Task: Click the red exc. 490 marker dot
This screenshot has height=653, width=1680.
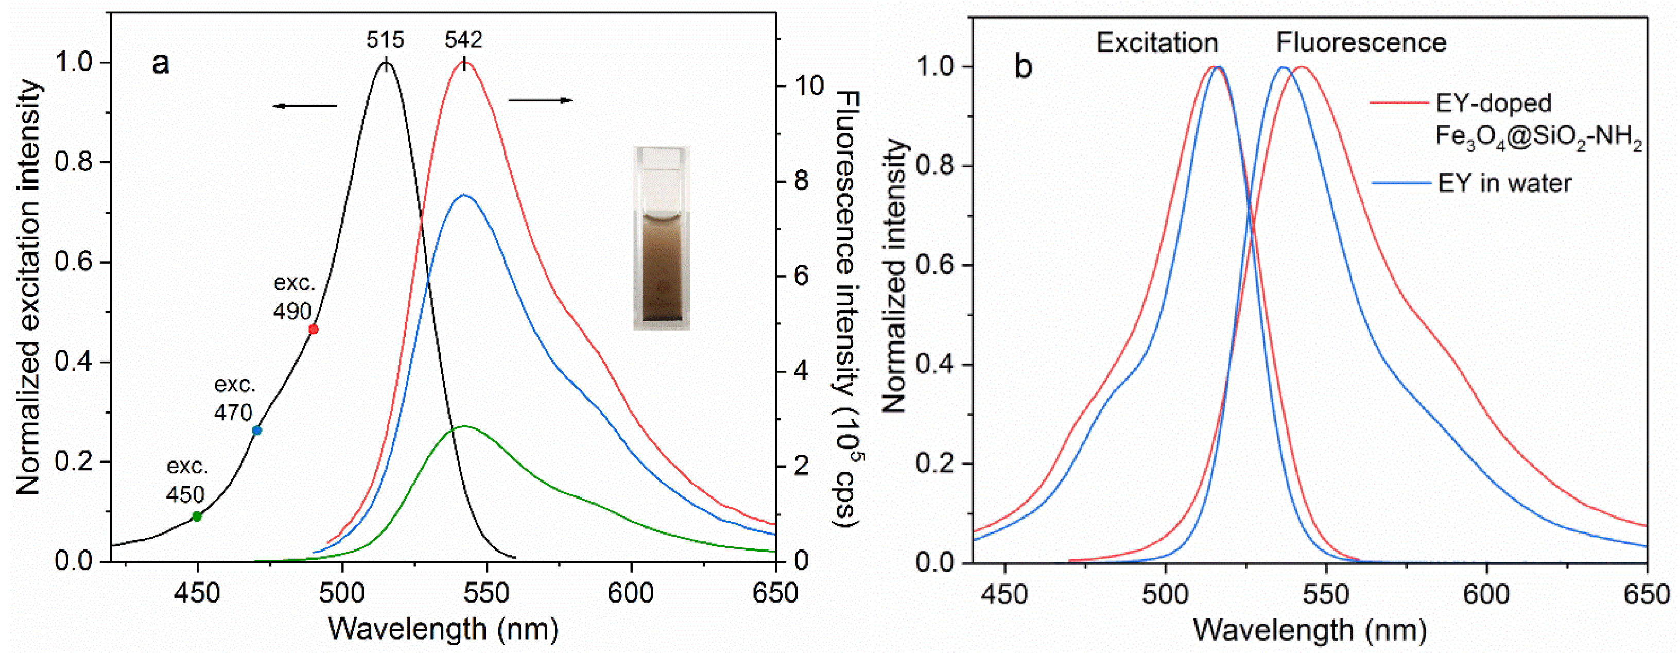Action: point(313,329)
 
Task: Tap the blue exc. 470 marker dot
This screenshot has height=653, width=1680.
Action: point(257,431)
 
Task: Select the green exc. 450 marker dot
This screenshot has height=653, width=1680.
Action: point(197,517)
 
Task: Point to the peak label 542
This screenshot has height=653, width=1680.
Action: point(464,41)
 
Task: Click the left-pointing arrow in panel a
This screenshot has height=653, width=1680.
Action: point(305,106)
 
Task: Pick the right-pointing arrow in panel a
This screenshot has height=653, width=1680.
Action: point(541,100)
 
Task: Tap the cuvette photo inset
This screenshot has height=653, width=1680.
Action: point(661,238)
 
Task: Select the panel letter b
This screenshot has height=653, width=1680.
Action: point(1023,67)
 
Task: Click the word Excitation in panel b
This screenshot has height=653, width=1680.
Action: point(1157,43)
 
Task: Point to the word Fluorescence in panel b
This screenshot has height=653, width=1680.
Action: point(1361,43)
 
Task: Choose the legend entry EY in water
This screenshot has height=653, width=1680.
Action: point(1504,183)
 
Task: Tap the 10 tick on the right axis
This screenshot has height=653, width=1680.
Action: point(805,85)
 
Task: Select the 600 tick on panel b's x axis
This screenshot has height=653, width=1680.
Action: point(1486,594)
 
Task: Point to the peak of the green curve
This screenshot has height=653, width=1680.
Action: point(464,426)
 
